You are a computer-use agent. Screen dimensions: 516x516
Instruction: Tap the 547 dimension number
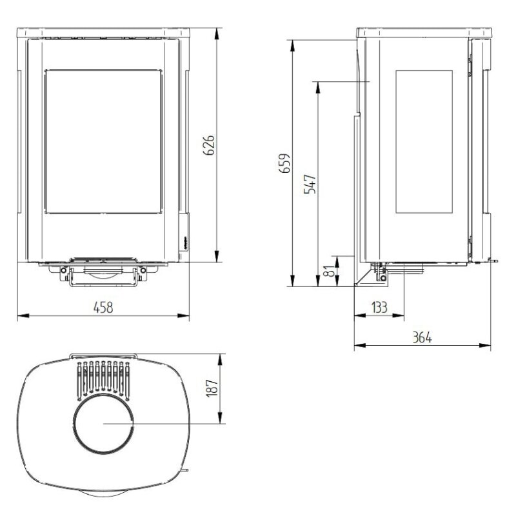(310, 184)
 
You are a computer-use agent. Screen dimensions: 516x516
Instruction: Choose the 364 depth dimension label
(421, 337)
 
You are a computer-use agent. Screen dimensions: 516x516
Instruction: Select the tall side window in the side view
(427, 141)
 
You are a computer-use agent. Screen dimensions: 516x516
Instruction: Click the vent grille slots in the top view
(103, 379)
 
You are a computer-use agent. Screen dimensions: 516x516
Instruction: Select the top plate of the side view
(424, 32)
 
